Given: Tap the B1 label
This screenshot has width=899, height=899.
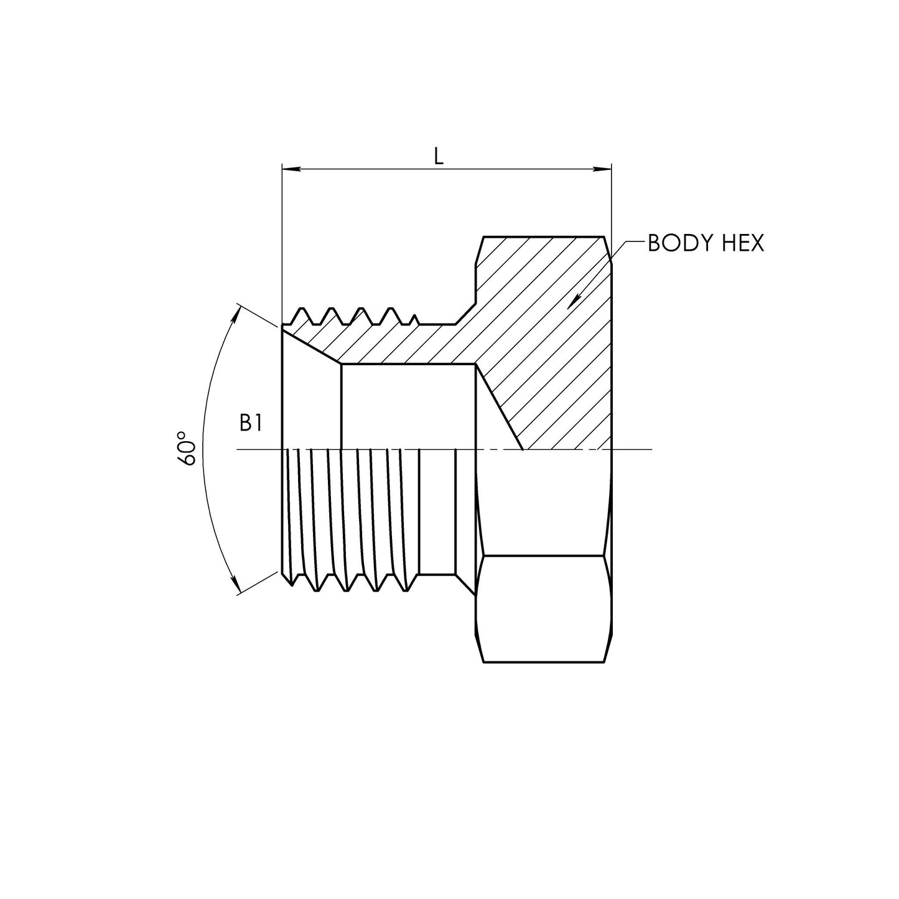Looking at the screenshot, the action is pos(251,423).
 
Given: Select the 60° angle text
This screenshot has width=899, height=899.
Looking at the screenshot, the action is pos(187,448).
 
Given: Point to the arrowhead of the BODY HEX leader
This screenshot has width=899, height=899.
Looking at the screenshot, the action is pos(574,302).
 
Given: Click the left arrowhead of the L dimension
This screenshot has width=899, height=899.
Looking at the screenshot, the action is pos(290,169).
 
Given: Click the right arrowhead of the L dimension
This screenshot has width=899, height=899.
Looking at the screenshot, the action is pos(603,169).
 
